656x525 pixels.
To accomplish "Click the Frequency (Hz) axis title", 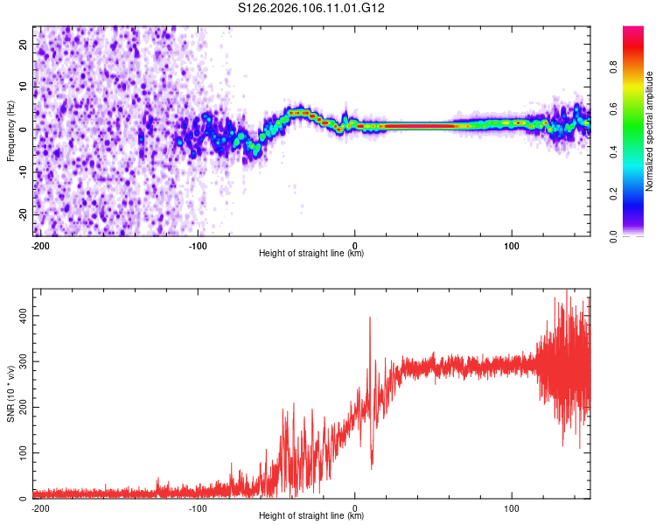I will tap(10, 130).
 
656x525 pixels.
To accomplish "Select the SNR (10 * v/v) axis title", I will tap(10, 394).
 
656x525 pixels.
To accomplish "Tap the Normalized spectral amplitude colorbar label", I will tap(649, 131).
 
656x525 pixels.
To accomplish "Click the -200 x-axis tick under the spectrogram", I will tap(40, 244).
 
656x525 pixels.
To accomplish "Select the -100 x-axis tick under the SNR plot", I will tap(198, 507).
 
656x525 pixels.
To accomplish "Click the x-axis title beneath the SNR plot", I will tap(311, 516).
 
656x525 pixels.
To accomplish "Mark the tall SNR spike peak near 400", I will tap(370, 318).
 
